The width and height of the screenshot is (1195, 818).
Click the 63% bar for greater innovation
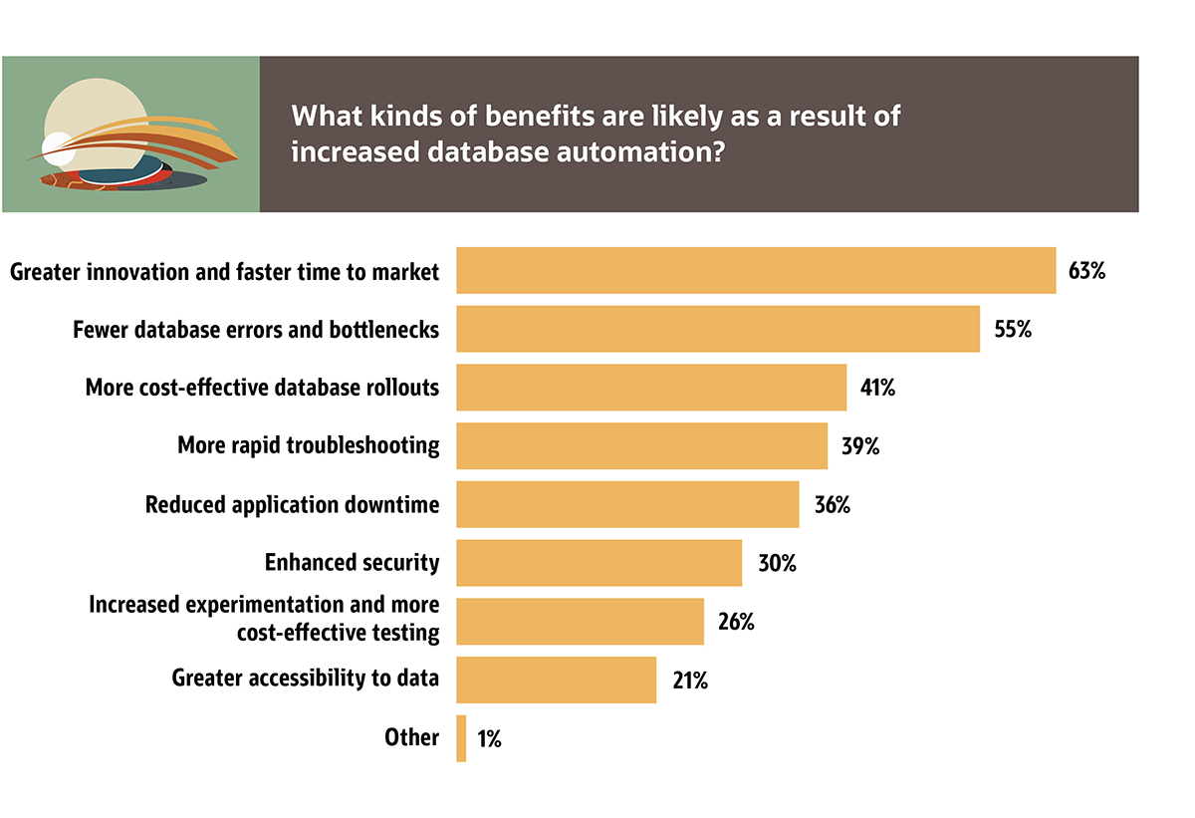755,270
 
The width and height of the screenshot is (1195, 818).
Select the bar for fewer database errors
718,329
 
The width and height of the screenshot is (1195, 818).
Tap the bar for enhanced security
598,563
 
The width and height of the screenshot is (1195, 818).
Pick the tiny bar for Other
461,738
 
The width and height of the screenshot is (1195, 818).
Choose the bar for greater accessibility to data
556,680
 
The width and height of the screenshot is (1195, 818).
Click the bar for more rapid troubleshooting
641,445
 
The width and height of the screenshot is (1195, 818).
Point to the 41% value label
878,388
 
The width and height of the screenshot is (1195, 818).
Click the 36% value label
832,505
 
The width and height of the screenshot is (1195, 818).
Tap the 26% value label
736,622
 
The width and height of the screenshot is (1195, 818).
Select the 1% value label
488,739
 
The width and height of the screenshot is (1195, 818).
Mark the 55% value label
1012,329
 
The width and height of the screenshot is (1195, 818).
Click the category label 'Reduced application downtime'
292,505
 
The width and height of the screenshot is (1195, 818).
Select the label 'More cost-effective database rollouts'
262,388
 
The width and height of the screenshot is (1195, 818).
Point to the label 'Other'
411,738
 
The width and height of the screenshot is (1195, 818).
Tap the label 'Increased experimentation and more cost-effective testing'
264,618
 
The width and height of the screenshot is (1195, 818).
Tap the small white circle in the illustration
58,147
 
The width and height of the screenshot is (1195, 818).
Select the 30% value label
777,563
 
